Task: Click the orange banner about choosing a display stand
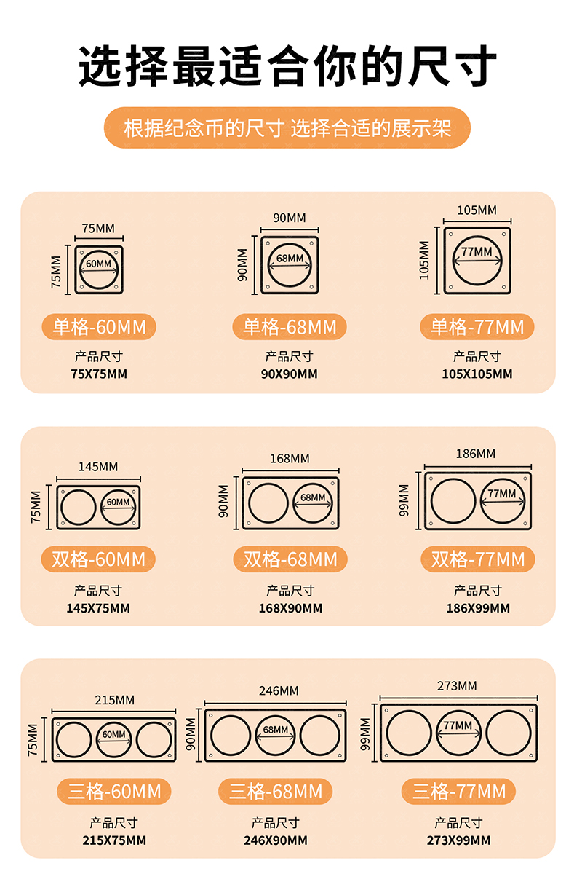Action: [x=287, y=127]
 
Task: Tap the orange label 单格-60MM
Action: [x=99, y=327]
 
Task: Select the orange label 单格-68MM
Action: [x=290, y=327]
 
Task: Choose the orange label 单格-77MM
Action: [x=477, y=327]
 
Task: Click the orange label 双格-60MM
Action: [x=98, y=559]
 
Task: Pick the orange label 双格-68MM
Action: [x=290, y=559]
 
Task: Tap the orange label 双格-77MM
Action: [x=478, y=559]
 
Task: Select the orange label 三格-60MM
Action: [x=114, y=792]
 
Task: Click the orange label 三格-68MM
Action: [x=275, y=792]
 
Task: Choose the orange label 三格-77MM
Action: [x=458, y=792]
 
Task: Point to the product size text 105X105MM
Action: [x=477, y=374]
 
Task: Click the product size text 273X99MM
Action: [x=458, y=840]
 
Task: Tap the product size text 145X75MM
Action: [x=98, y=608]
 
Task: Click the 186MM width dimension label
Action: [x=476, y=454]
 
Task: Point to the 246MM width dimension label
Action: [x=279, y=691]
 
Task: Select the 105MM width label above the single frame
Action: [x=477, y=210]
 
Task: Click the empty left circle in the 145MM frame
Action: [x=62, y=508]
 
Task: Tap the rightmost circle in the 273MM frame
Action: [x=487, y=733]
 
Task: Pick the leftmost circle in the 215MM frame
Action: [x=57, y=740]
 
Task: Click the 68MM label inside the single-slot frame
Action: [x=290, y=259]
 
